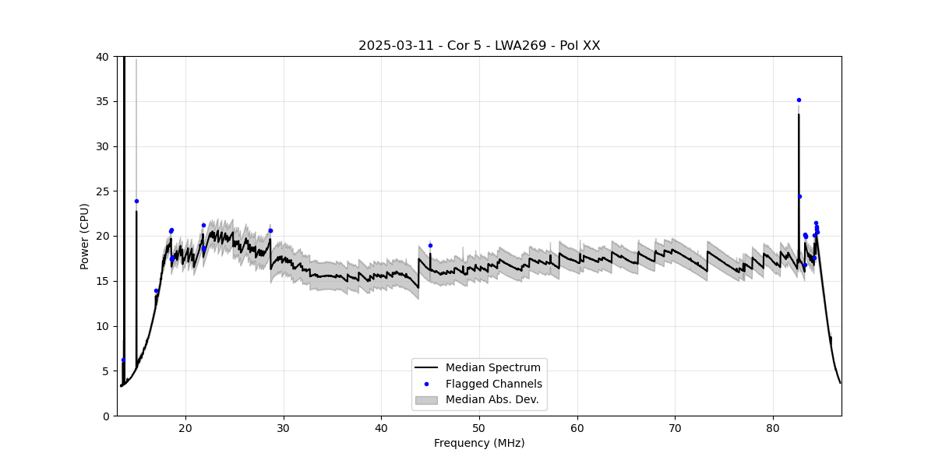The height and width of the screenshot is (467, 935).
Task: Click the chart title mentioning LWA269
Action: [x=479, y=46]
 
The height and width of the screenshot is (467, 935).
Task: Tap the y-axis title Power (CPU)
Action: [x=85, y=236]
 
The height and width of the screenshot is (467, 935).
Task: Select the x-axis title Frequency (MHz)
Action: [x=479, y=443]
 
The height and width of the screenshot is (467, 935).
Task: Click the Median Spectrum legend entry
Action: [x=492, y=367]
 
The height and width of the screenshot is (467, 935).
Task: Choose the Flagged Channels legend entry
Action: [x=493, y=384]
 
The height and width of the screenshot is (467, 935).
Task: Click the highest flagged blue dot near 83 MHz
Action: [x=799, y=100]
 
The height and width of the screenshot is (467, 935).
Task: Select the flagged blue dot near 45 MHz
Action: [x=430, y=245]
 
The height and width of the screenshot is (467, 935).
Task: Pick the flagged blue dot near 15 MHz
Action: [x=136, y=201]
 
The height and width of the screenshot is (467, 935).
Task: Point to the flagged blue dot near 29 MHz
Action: [x=270, y=230]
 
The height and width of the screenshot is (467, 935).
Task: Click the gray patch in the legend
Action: [x=426, y=400]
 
